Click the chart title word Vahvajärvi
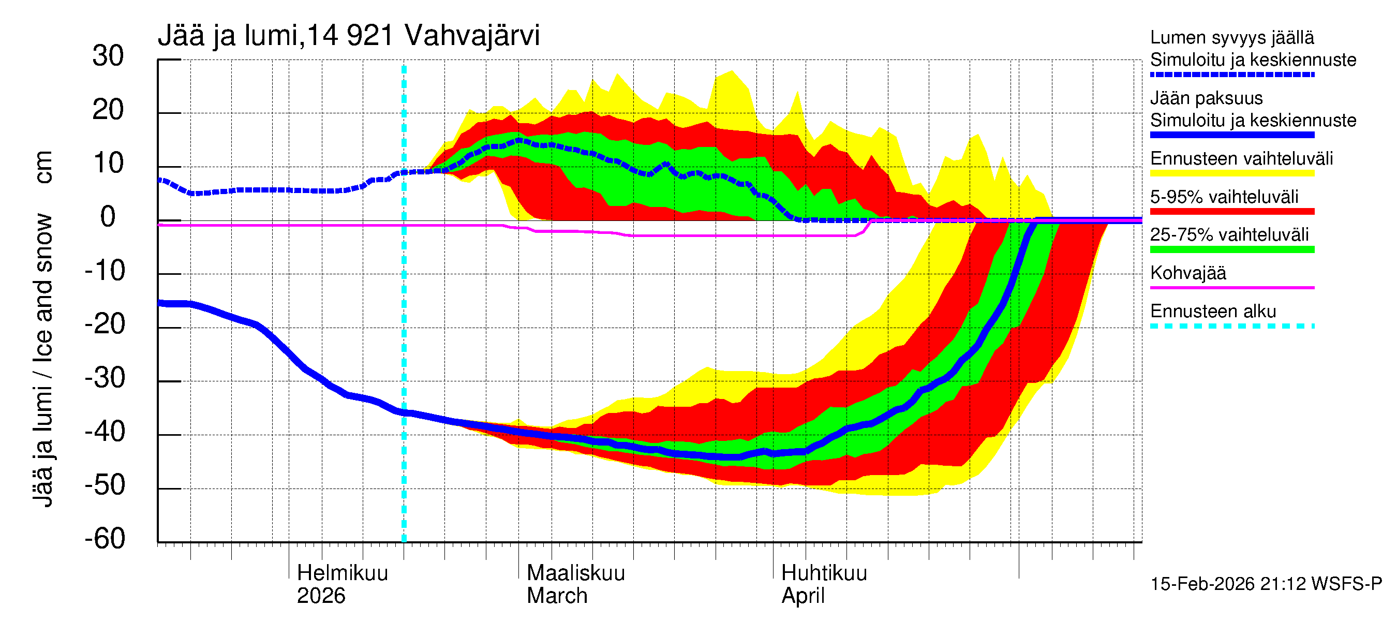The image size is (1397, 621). tap(472, 36)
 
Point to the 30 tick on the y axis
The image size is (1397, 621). tap(108, 56)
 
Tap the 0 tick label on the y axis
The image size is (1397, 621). tap(108, 217)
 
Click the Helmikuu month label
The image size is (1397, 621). tap(342, 573)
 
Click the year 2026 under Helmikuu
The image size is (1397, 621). tap(320, 596)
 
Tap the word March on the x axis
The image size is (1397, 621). tap(557, 596)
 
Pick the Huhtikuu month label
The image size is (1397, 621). tap(824, 573)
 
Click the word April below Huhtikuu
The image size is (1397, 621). tap(802, 596)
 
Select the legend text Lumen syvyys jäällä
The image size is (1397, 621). tap(1232, 38)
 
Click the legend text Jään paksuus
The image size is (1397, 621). tap(1206, 98)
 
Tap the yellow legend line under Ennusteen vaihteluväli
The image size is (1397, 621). tap(1232, 173)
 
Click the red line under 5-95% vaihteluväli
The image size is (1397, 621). tap(1232, 212)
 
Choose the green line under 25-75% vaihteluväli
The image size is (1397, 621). tap(1232, 249)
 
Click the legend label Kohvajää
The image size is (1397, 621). tap(1187, 273)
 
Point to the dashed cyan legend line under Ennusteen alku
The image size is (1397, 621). tap(1232, 326)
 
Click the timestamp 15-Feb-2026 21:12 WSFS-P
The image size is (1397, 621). tap(1266, 584)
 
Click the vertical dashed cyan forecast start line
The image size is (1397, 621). tap(404, 326)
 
